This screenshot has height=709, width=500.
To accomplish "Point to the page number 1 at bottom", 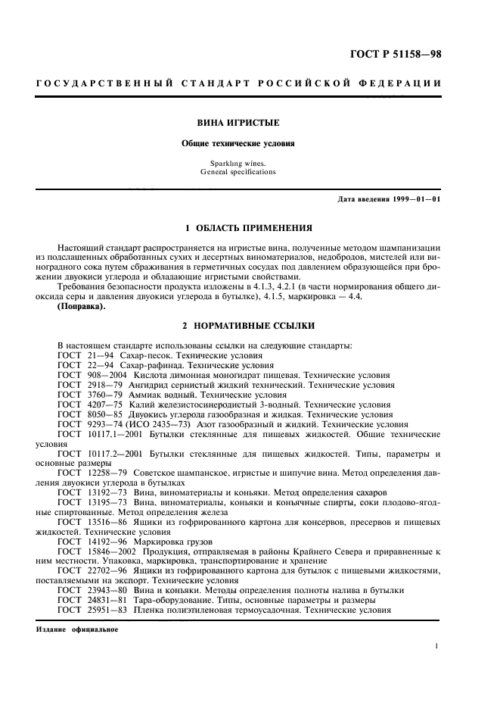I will pos(438,646).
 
